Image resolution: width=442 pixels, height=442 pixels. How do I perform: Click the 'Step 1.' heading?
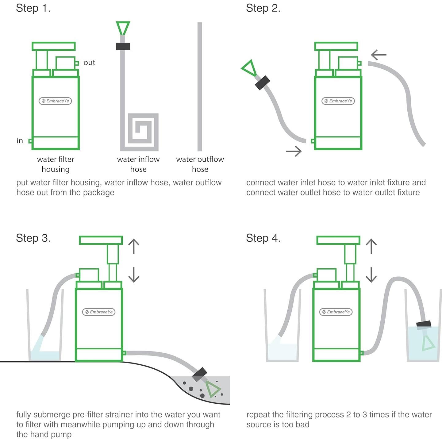[33, 8]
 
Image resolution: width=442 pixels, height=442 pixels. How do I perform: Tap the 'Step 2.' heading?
[263, 8]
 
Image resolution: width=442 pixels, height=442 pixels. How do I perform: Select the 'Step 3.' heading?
[33, 238]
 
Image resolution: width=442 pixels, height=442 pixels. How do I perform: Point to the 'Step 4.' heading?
[263, 238]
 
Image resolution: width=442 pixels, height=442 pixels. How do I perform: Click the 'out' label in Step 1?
[89, 62]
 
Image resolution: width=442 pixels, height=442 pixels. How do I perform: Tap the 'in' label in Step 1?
[20, 140]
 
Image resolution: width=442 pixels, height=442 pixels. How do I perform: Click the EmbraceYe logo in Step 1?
[55, 101]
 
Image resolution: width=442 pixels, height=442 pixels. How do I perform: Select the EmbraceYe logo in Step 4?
[336, 312]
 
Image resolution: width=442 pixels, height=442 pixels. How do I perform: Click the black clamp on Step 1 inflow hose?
[123, 46]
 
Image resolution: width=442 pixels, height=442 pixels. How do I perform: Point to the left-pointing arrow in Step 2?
[379, 55]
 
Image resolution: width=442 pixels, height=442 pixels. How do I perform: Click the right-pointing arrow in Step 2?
[294, 151]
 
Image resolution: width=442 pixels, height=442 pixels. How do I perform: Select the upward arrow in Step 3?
[134, 246]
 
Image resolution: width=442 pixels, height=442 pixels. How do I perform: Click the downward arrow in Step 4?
[371, 275]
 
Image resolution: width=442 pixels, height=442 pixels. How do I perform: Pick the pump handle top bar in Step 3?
[101, 240]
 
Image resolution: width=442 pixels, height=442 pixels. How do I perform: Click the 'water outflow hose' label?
[200, 164]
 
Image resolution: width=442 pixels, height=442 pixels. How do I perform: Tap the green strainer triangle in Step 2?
[249, 68]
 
